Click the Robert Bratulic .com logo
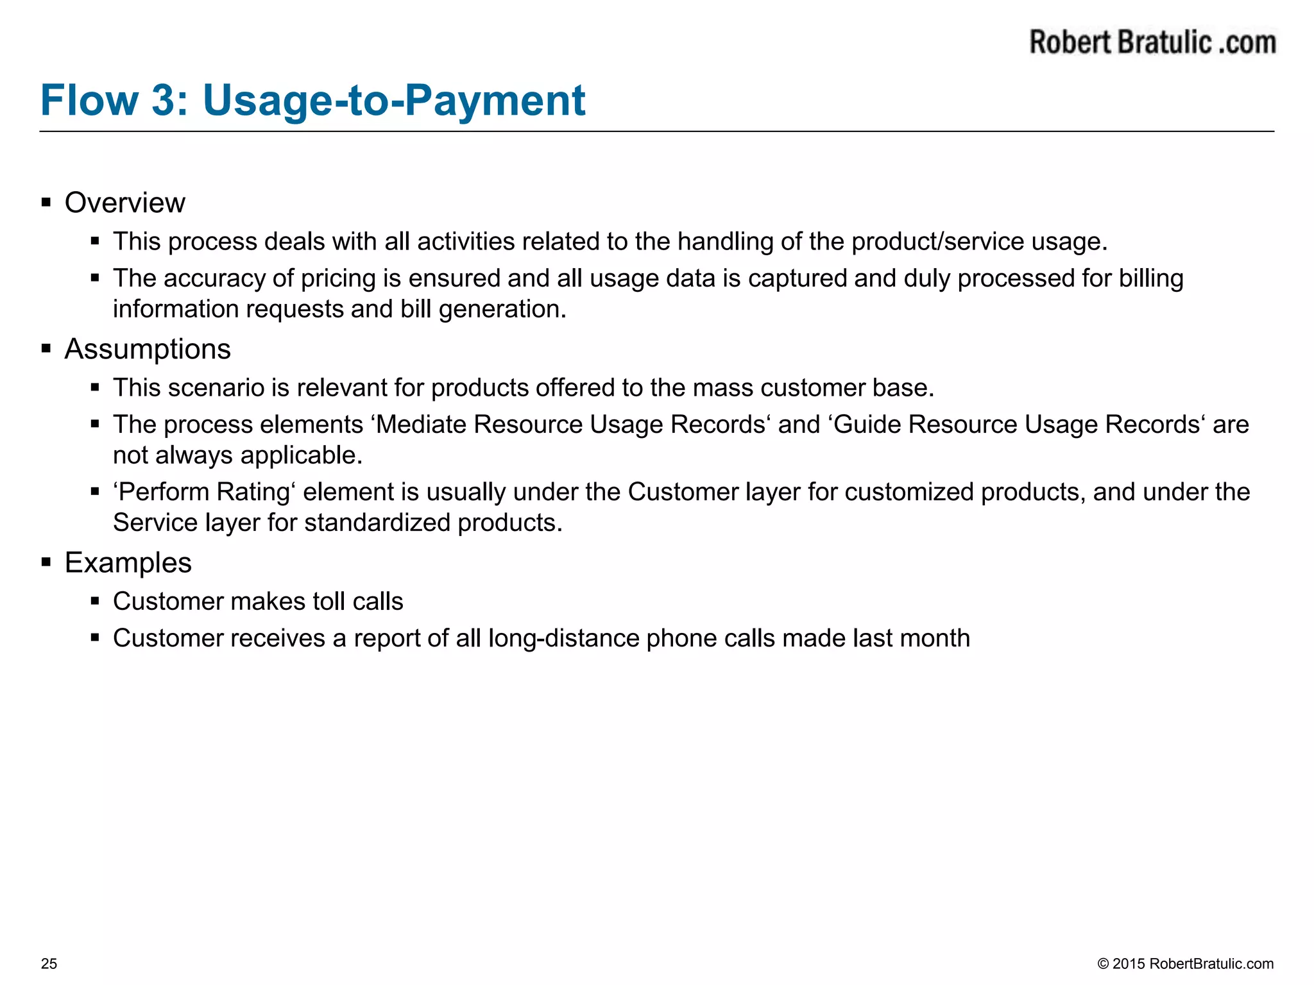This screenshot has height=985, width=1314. click(1152, 42)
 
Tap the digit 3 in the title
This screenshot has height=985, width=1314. click(166, 101)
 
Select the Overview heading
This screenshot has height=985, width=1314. click(124, 203)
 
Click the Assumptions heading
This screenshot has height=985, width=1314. click(148, 349)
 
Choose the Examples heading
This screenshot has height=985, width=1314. click(128, 563)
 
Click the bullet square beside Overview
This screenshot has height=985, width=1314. click(46, 203)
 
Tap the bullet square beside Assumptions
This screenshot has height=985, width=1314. click(46, 349)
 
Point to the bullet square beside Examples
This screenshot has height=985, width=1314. click(46, 563)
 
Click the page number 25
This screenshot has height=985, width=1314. click(49, 964)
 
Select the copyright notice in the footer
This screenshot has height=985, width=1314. click(1185, 964)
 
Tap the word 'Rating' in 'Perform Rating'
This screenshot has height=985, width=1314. click(253, 492)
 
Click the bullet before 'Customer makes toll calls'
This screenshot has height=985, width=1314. click(95, 602)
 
